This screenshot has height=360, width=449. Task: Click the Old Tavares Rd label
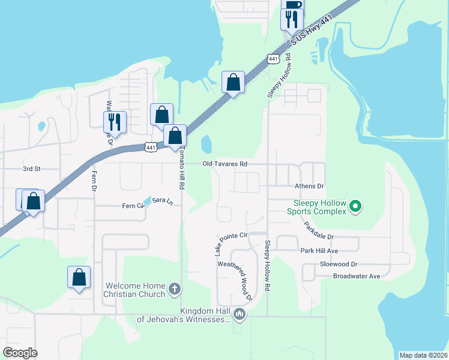click(x=225, y=164)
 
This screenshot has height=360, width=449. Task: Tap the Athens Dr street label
click(x=309, y=187)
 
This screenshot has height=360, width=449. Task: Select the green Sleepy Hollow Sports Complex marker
click(x=355, y=207)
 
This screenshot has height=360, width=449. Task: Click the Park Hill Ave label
click(x=320, y=250)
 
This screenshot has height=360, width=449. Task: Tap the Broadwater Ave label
click(x=357, y=276)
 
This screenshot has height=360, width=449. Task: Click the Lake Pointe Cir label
click(x=231, y=240)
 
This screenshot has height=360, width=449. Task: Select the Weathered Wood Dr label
click(x=235, y=280)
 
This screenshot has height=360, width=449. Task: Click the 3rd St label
click(x=31, y=169)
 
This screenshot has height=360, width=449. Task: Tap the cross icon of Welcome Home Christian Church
click(x=174, y=289)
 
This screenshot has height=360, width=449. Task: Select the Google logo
click(x=20, y=352)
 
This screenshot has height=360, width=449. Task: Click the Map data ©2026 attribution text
click(x=423, y=355)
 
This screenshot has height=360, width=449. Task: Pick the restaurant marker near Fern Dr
click(x=113, y=121)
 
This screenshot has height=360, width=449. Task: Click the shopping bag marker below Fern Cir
click(x=79, y=277)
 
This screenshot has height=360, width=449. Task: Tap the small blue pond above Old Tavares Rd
click(x=206, y=144)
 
